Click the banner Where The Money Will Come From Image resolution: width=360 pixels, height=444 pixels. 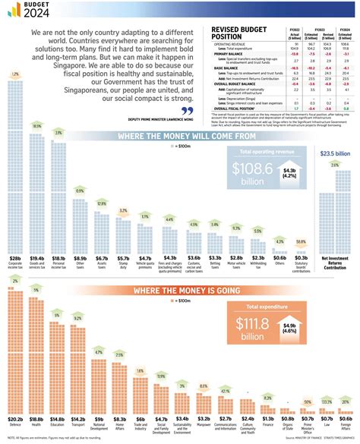click(x=180, y=137)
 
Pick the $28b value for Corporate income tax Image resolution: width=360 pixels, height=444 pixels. click(x=15, y=258)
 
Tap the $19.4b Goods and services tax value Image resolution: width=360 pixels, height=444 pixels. click(x=36, y=258)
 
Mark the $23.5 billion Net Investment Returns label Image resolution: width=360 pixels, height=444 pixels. click(x=335, y=153)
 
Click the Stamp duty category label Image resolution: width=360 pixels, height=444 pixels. click(x=123, y=266)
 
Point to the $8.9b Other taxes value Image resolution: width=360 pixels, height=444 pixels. click(x=80, y=258)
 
